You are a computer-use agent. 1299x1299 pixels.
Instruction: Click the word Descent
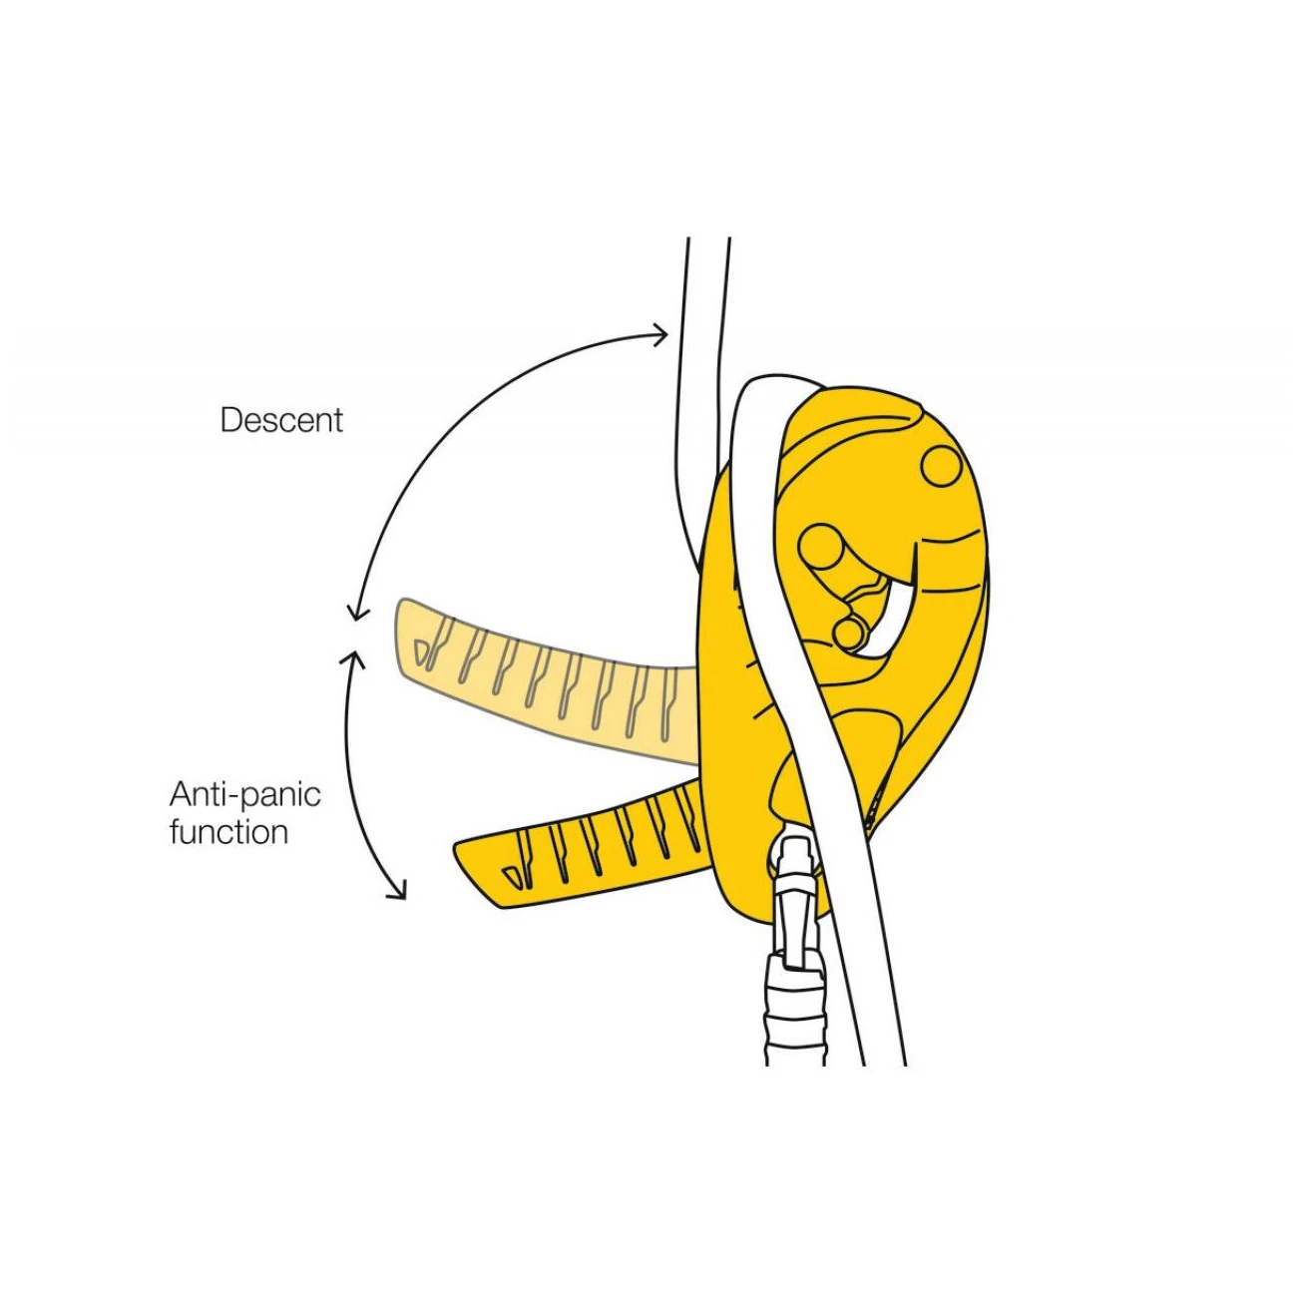281,420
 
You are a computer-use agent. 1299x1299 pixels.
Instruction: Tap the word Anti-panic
244,796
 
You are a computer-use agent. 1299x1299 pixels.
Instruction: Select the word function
228,832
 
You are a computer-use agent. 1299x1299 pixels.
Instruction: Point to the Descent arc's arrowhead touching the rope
659,333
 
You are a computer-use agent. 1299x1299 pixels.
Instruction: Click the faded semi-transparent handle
546,680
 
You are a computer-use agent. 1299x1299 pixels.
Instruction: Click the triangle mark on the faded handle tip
421,650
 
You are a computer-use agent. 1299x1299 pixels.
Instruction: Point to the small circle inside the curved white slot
849,632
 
